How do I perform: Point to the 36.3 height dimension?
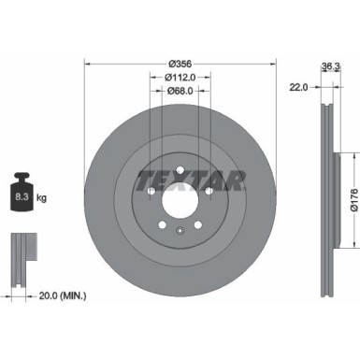tap(329, 65)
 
